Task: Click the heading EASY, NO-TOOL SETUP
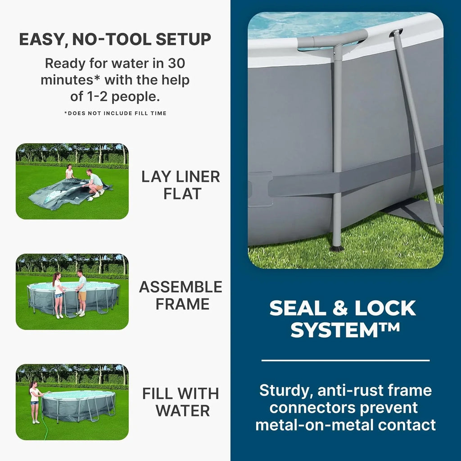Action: pyautogui.click(x=115, y=40)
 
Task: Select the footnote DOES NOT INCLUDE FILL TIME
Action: pyautogui.click(x=115, y=113)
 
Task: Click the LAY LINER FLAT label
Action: pyautogui.click(x=181, y=185)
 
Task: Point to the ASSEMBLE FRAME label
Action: pyautogui.click(x=181, y=295)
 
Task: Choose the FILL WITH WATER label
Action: pyautogui.click(x=181, y=402)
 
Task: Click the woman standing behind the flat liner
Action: pyautogui.click(x=69, y=172)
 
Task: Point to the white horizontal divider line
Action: pyautogui.click(x=345, y=360)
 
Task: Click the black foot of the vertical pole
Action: pyautogui.click(x=336, y=248)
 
